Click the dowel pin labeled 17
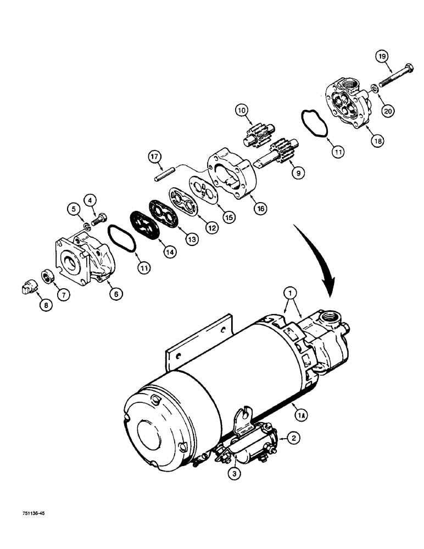tap(164, 176)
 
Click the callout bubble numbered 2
tap(294, 438)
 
